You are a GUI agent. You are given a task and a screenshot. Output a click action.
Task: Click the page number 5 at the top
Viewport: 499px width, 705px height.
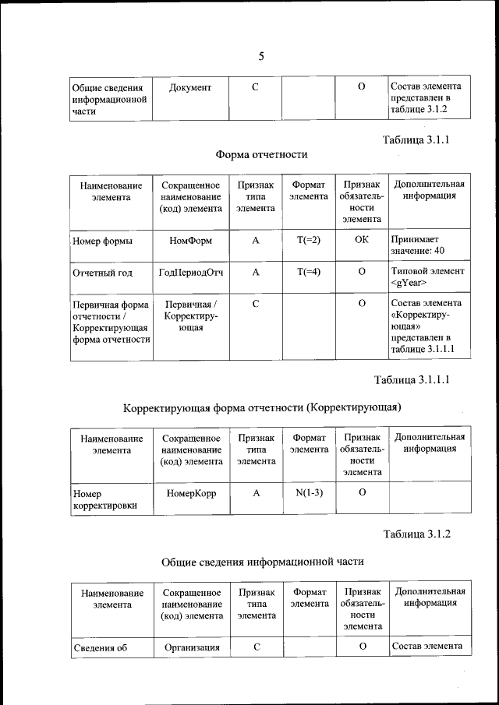pos(261,55)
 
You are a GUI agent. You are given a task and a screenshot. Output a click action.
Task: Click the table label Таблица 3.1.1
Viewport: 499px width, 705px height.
pos(417,140)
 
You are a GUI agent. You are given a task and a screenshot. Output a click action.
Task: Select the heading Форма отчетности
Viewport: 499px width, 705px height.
pos(261,154)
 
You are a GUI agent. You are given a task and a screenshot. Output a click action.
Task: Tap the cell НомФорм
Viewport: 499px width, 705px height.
pos(191,241)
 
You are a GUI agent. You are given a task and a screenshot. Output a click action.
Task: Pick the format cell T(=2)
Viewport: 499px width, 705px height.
pos(309,241)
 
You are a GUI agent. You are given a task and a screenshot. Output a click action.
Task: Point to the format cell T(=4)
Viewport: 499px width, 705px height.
pos(309,272)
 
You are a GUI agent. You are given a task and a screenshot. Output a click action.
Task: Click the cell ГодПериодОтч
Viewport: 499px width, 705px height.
pos(191,273)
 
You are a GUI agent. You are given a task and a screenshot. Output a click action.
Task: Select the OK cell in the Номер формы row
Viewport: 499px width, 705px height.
pos(361,241)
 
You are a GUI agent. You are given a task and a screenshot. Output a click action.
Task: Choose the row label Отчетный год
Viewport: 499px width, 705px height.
pos(103,273)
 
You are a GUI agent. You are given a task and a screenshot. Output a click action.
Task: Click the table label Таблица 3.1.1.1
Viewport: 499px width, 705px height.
pos(412,380)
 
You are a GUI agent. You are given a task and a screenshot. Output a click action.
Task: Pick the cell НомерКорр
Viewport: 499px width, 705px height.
pos(191,493)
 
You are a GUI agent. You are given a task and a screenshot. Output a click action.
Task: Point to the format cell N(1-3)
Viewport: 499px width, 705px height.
pos(309,493)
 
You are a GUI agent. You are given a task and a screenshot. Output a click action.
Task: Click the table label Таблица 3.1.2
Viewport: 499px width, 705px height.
pos(417,534)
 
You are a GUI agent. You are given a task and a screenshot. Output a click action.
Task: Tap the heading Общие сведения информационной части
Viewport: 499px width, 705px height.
pos(262,561)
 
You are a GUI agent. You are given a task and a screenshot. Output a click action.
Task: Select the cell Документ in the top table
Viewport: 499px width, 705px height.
pos(190,87)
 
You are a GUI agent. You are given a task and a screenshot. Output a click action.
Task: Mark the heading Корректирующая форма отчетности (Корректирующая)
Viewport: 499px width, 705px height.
pos(262,407)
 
